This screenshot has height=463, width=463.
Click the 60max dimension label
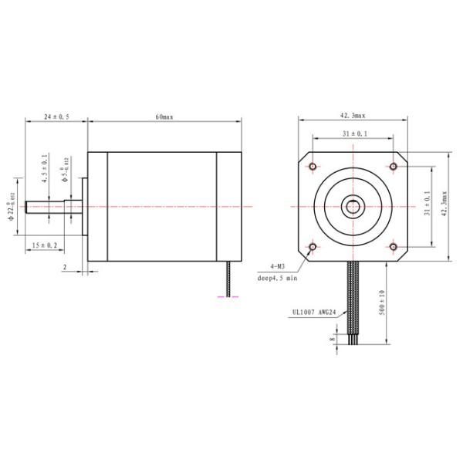point(164,117)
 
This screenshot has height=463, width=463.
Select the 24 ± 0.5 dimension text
point(56,117)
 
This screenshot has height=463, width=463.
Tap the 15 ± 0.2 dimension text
point(44,245)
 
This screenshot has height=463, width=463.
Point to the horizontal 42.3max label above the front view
point(353,115)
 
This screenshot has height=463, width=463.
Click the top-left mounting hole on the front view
point(313,166)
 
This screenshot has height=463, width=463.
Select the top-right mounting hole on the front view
point(394,166)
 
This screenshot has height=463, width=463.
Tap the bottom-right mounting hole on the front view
point(394,247)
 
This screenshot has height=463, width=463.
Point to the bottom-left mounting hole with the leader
point(313,247)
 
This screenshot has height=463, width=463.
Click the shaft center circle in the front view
point(353,206)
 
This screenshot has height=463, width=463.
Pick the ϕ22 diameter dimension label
point(12,206)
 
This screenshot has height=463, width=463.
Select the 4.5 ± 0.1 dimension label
point(46,167)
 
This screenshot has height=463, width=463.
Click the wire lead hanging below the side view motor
point(228,278)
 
